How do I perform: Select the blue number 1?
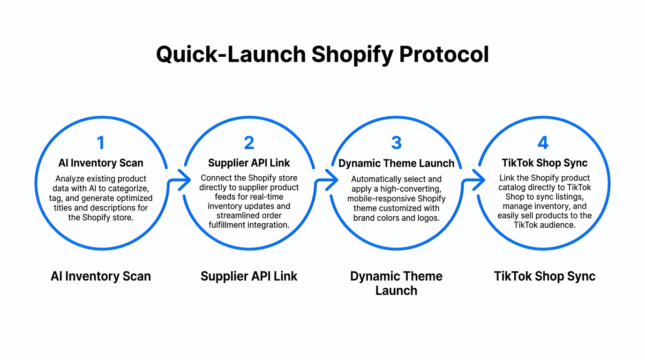[x=100, y=143]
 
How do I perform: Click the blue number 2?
[x=249, y=143]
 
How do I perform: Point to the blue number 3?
[x=396, y=143]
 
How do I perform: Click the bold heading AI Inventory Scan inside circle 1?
[x=101, y=163]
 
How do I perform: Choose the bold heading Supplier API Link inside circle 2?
[x=249, y=163]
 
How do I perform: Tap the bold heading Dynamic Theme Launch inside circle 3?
[x=396, y=164]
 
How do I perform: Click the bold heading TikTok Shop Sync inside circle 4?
[x=544, y=163]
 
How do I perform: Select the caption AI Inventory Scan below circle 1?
[x=101, y=277]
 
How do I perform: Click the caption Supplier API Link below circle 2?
[x=249, y=277]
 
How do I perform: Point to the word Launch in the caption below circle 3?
[x=396, y=291]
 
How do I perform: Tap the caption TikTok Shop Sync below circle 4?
[x=544, y=277]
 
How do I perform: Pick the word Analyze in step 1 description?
[x=69, y=179]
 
